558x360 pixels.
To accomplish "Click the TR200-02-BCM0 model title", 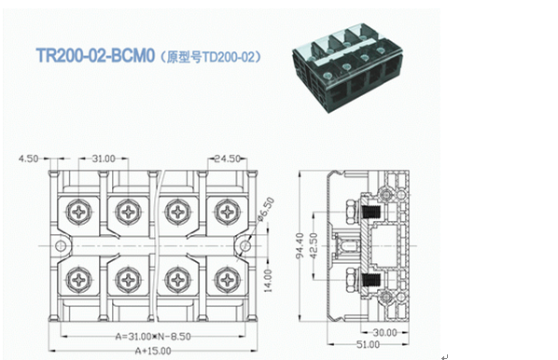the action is click(x=95, y=56).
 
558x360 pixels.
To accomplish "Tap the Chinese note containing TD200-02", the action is click(x=210, y=57).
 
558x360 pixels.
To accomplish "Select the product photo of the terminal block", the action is click(x=348, y=68).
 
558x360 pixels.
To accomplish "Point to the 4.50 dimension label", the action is click(x=29, y=159).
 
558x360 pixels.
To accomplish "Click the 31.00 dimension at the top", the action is click(x=104, y=159).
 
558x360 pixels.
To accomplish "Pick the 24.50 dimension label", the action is click(x=228, y=159).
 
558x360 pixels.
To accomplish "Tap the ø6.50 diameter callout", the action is click(x=266, y=210).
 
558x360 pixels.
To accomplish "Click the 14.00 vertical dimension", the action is click(x=269, y=281).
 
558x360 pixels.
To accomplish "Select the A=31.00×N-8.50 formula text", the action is click(x=153, y=336).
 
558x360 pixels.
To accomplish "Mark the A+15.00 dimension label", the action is click(x=153, y=351).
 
